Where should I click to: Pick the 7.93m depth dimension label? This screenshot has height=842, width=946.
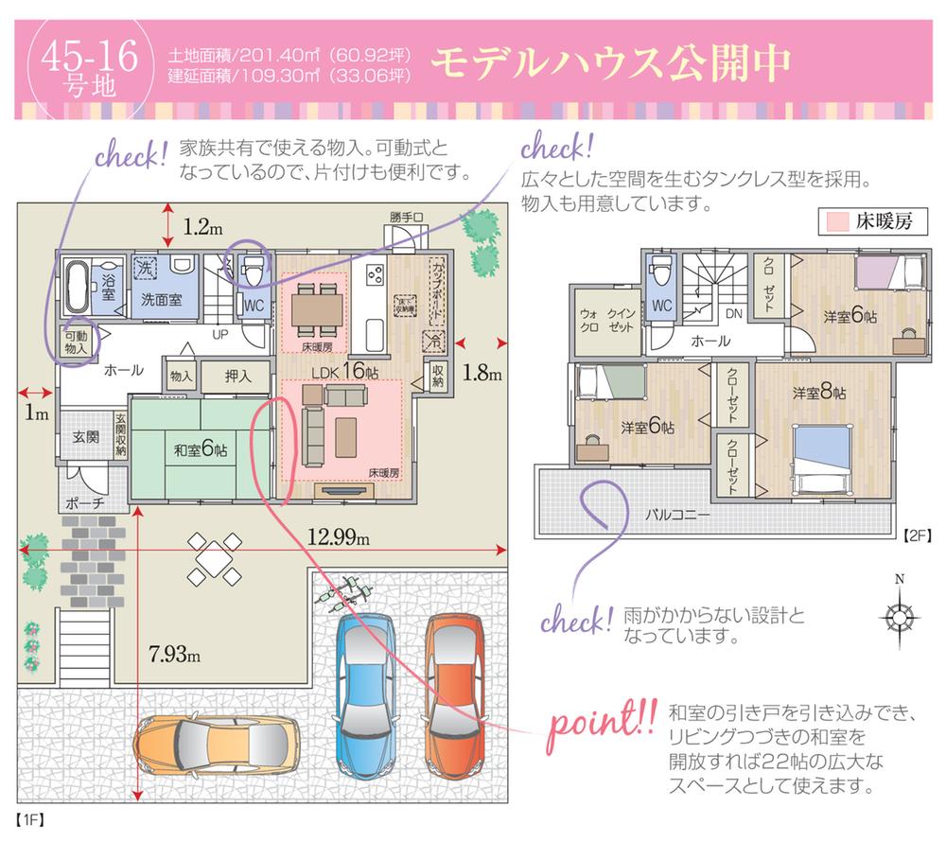point(174,654)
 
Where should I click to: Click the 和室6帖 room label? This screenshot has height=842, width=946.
point(200,450)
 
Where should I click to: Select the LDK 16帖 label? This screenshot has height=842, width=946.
point(340,371)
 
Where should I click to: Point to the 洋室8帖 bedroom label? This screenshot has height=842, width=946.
point(820,392)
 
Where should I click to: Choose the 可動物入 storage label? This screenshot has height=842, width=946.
point(76,342)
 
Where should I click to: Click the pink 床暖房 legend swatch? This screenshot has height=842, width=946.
point(836,223)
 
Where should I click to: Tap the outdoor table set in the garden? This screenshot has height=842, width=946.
point(214,558)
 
